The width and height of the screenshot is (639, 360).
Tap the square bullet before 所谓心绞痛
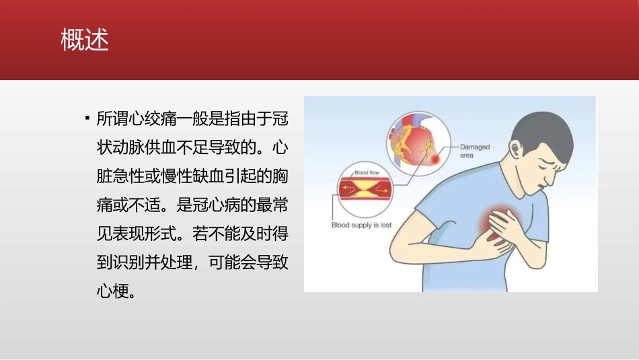(x=87, y=118)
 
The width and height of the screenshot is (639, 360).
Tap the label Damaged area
(x=474, y=151)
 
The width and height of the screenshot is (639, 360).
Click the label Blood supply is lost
(x=361, y=225)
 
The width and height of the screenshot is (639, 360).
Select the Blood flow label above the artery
(x=367, y=173)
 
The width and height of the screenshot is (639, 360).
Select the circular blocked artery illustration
(x=367, y=190)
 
